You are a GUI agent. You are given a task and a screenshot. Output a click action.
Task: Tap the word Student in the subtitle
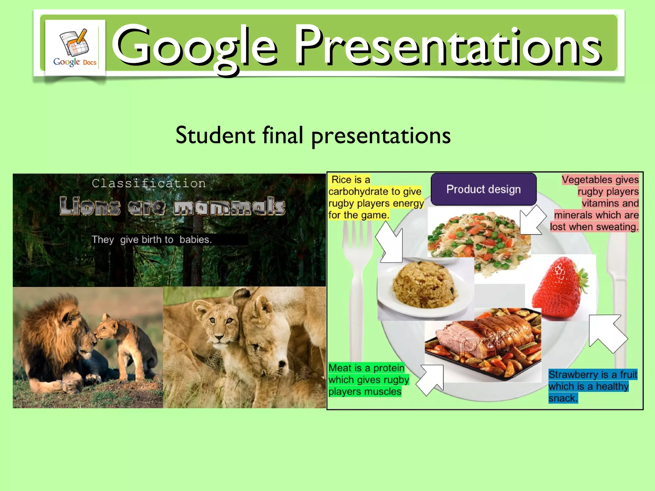pos(215,135)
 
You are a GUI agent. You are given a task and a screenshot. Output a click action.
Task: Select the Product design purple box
pos(483,189)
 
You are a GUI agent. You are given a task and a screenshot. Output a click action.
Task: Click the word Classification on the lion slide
pos(149,183)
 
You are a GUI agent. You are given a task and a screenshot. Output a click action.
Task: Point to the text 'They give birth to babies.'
pos(152,239)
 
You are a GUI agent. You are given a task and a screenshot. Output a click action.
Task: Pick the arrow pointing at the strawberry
pos(606,332)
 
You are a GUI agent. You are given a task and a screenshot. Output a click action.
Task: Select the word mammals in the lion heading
pos(229,206)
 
